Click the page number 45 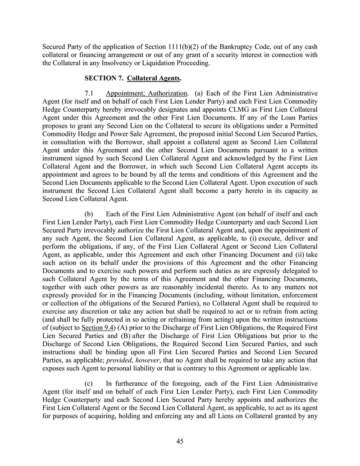click(x=180, y=441)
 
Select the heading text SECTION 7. click(x=105, y=78)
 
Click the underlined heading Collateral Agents click(x=154, y=78)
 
